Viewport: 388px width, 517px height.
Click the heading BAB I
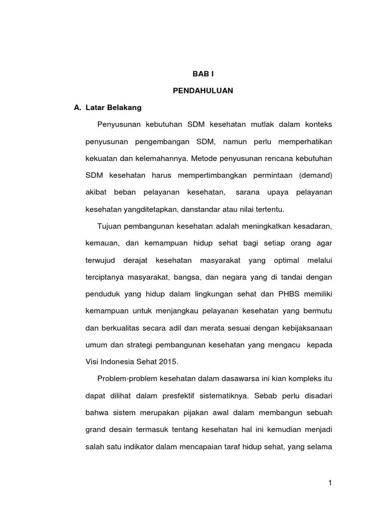[x=203, y=74]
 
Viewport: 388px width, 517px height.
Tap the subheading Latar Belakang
[x=114, y=108]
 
